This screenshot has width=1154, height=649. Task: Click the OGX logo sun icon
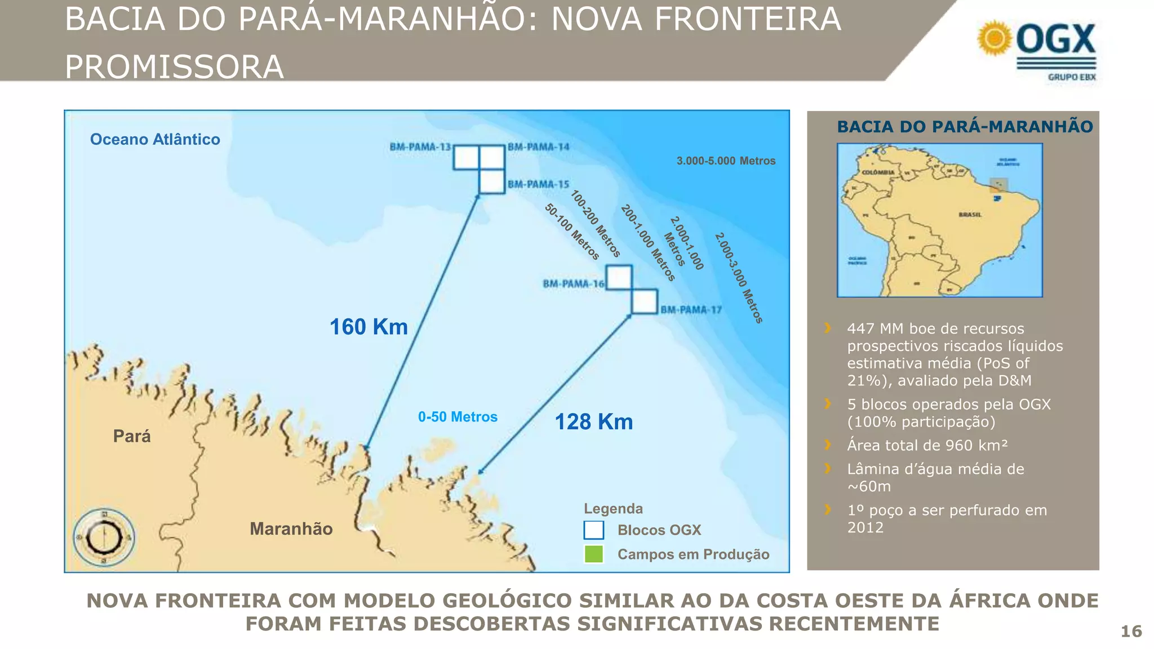point(995,38)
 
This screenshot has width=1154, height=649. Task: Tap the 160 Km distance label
point(369,327)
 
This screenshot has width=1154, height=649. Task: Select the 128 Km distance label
point(594,422)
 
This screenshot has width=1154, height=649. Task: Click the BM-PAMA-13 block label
point(420,147)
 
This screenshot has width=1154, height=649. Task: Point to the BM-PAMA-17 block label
point(691,310)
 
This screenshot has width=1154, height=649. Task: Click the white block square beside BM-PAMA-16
point(619,277)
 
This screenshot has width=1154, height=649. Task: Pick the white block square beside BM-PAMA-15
point(491,181)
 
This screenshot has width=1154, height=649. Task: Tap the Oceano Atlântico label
point(155,139)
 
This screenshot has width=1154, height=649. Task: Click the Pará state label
point(132,436)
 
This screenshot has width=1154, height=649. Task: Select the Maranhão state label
point(291,528)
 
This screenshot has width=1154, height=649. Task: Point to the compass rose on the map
point(104,537)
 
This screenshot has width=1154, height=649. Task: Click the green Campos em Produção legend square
point(594,554)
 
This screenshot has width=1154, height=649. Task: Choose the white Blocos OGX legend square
point(594,530)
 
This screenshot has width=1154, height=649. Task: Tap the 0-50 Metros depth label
point(458,417)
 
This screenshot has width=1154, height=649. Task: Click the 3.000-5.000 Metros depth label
point(726,161)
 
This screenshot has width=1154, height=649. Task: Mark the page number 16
point(1131,632)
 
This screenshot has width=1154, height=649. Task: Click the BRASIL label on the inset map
point(970,215)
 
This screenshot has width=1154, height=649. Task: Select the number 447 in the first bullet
point(861,328)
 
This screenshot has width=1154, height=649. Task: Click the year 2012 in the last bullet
point(865,528)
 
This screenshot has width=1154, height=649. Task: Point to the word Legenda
point(613,509)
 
